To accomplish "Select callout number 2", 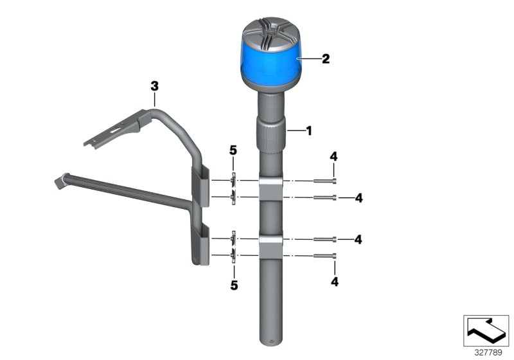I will (x=326, y=59).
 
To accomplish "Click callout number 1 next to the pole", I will (x=308, y=131).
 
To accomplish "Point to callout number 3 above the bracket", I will (x=154, y=85).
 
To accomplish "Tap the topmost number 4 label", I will (x=333, y=157).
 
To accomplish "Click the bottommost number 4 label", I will (x=333, y=281).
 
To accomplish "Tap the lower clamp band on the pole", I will (x=273, y=247).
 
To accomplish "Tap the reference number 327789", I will (x=486, y=352).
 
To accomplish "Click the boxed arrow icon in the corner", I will (x=486, y=330).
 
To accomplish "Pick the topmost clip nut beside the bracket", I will (x=234, y=180).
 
